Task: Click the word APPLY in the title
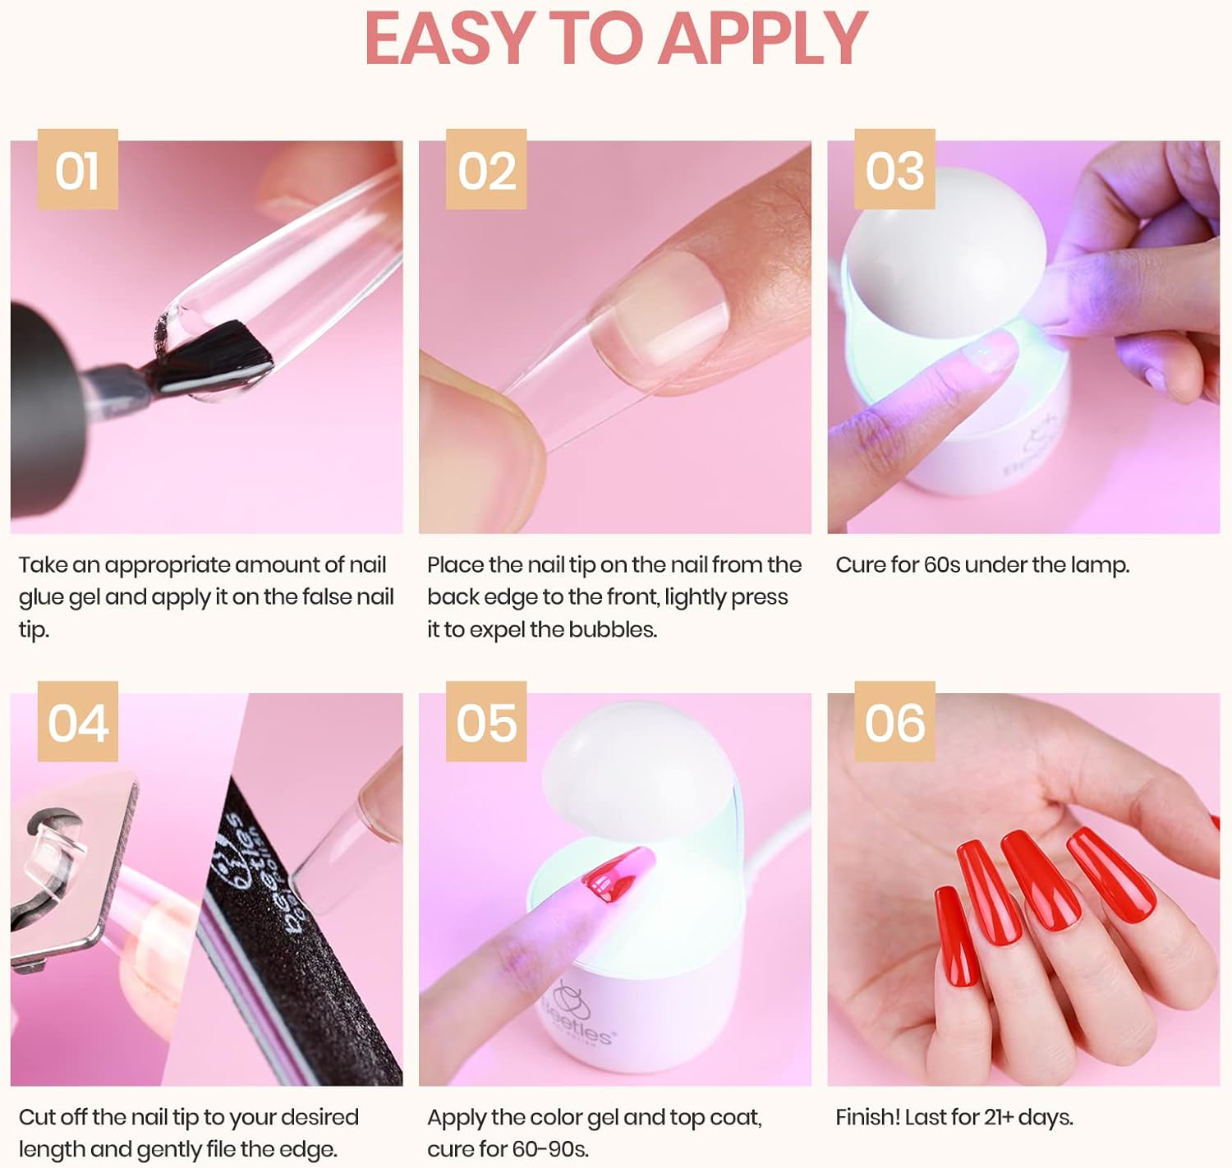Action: click(x=763, y=38)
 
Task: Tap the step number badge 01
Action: click(x=77, y=170)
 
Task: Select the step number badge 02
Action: click(x=486, y=170)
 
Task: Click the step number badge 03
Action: click(x=894, y=170)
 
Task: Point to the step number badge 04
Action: click(x=77, y=722)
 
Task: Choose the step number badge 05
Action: click(x=486, y=722)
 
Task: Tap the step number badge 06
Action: click(x=894, y=722)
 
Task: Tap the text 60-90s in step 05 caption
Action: click(x=549, y=1148)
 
